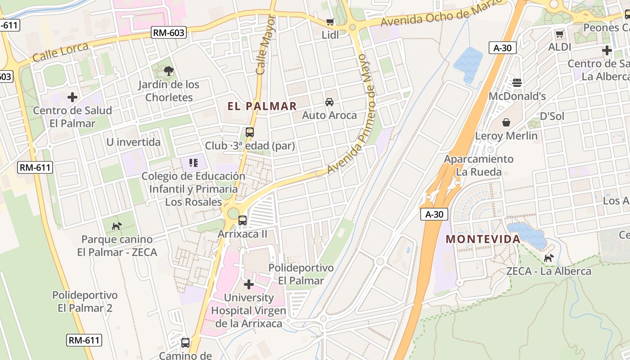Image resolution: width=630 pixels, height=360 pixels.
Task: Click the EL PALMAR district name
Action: [x=262, y=106]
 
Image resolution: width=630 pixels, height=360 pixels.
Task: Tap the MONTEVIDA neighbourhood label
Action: [x=483, y=239]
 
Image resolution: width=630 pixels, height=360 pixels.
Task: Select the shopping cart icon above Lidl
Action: [x=330, y=22]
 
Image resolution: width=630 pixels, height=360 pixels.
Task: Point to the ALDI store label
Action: [x=559, y=47]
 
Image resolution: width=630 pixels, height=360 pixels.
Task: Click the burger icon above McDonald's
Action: [x=517, y=82]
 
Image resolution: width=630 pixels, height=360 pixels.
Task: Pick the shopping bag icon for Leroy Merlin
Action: [x=506, y=122]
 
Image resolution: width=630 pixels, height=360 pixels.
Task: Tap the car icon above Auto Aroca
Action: [x=329, y=102]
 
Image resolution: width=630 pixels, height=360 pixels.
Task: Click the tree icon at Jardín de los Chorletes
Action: [x=169, y=71]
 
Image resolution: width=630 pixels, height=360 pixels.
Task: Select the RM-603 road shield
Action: [x=169, y=32]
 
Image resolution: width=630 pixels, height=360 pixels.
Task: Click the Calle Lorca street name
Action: [x=54, y=52]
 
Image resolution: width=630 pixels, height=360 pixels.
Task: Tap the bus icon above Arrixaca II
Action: [x=243, y=220]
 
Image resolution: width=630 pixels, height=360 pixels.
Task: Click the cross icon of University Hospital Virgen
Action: [x=248, y=284]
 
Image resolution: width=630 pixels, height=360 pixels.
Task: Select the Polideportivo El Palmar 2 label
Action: [x=85, y=301]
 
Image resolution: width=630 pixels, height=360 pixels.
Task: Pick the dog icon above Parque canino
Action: [x=117, y=226]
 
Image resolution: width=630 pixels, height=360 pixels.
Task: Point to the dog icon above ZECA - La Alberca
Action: [x=549, y=258]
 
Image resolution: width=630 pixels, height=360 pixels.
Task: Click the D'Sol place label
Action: [x=552, y=116]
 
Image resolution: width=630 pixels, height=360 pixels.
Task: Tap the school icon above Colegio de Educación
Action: [x=193, y=162]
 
